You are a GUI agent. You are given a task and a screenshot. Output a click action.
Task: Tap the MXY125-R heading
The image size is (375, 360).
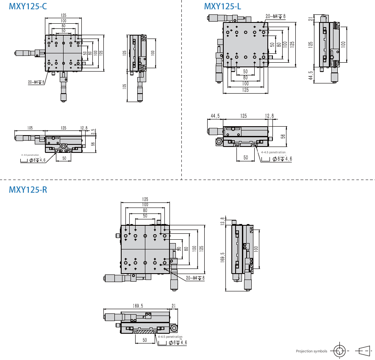pos(28,190)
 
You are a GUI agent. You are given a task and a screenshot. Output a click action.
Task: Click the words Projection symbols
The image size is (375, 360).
pos(311,351)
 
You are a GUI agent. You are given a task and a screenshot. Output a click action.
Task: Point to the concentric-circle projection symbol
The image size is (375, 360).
pos(339,351)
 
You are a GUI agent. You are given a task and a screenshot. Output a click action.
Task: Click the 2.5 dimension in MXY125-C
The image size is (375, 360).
pos(93,132)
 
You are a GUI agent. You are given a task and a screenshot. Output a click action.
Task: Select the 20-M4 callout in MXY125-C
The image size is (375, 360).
pos(36,82)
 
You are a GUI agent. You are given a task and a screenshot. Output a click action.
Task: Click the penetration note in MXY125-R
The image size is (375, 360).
pos(170,337)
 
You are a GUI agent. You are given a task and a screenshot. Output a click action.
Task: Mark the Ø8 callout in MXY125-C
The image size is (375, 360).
pos(37,160)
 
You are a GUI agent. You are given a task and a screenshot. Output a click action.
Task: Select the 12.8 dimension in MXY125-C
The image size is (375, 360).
pos(83,128)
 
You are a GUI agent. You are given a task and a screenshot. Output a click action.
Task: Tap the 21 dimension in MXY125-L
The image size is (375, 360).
pos(311,19)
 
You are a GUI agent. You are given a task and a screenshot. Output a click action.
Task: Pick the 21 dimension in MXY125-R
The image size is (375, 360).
pos(174,305)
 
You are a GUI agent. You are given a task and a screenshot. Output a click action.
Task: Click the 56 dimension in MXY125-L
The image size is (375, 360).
pos(283,136)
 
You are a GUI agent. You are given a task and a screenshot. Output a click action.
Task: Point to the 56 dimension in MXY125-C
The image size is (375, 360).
pos(93,144)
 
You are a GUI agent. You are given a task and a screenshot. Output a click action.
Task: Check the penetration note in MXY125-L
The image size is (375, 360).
pos(273,152)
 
